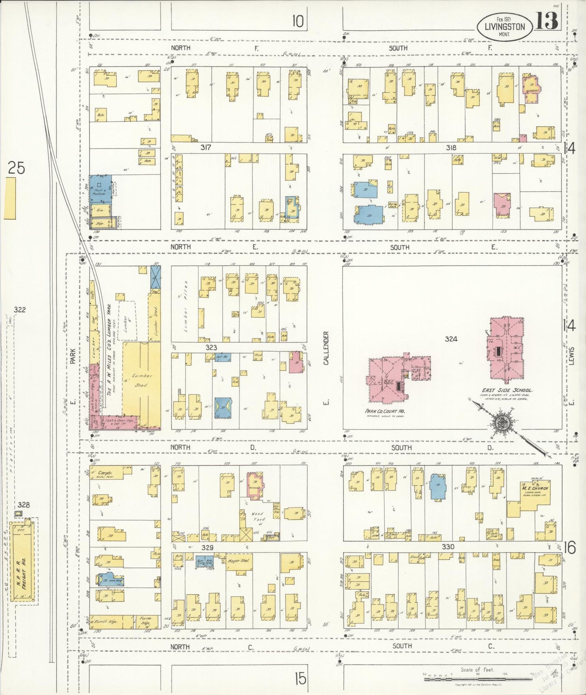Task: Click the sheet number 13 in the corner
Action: [547, 21]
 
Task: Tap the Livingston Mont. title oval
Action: [504, 27]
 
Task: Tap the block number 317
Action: [206, 148]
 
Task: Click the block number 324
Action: [451, 339]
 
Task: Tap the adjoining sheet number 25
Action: [17, 167]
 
